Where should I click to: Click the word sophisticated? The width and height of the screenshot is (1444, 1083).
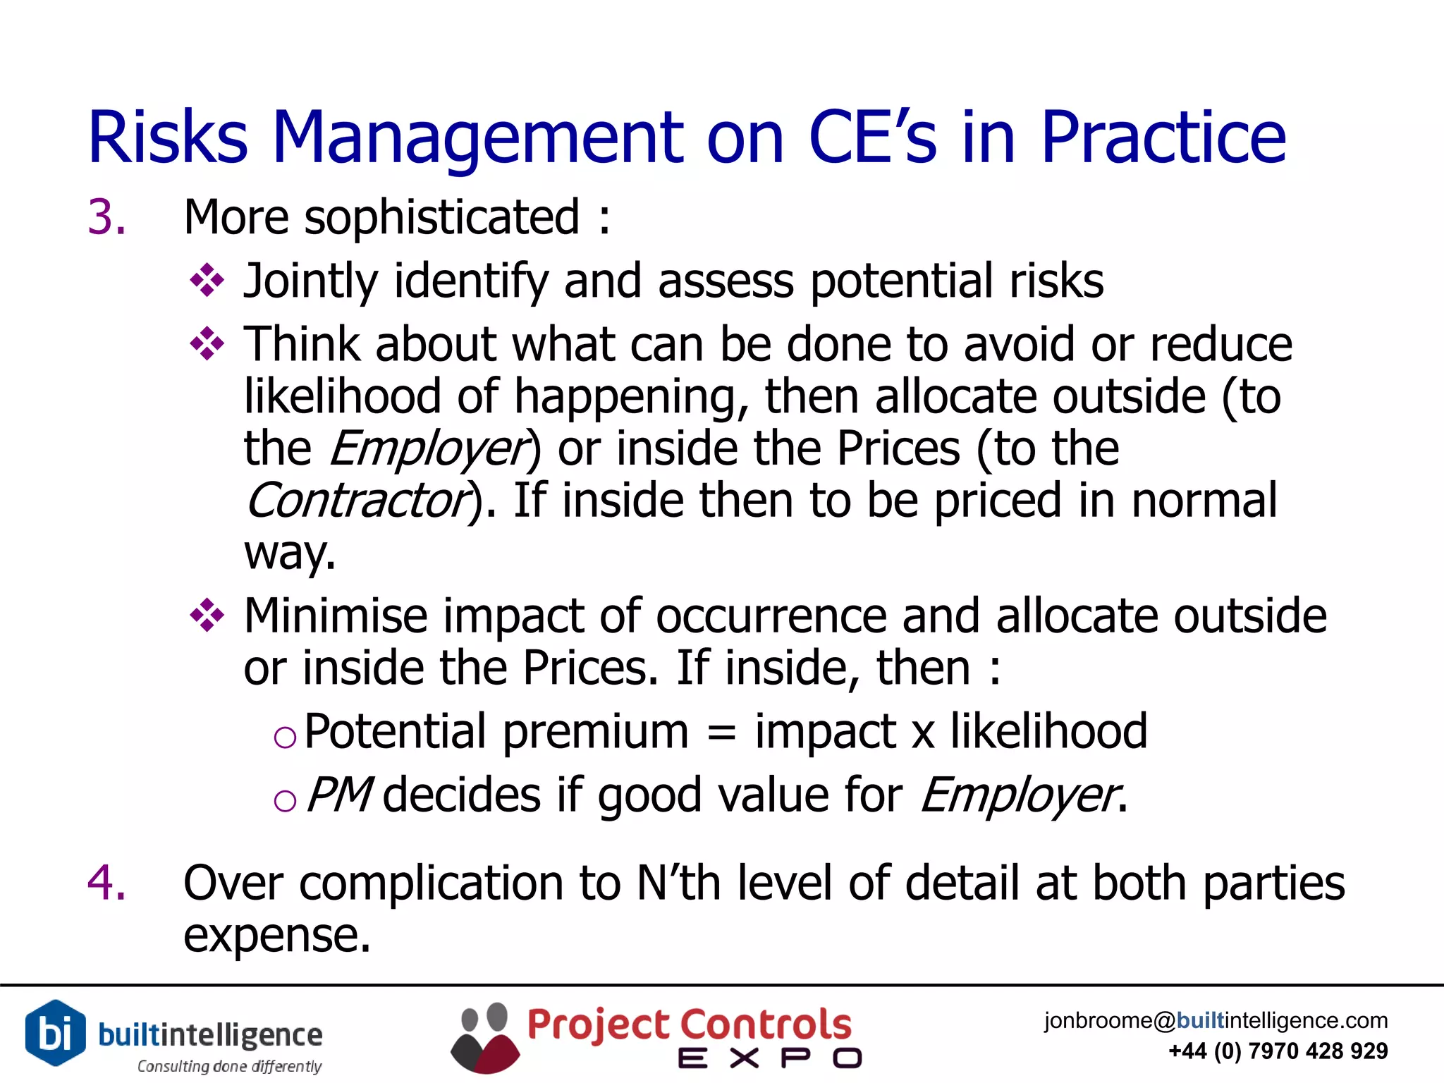coord(441,218)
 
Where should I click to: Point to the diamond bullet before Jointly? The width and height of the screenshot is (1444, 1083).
coord(207,281)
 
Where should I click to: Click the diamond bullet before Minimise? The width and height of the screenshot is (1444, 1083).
coord(207,616)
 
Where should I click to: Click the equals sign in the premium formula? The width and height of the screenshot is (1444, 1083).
coord(721,732)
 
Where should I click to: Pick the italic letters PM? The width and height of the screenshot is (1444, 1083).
coord(338,795)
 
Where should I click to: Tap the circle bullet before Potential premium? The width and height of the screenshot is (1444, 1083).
coord(285,738)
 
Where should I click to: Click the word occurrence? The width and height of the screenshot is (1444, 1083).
coord(771,616)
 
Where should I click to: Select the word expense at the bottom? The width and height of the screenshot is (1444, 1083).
coord(276,936)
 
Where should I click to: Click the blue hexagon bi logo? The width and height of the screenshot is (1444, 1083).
coord(55,1032)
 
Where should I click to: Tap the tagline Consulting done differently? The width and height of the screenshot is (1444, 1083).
coord(229,1066)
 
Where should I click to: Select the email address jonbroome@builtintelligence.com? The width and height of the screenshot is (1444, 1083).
coord(1216,1020)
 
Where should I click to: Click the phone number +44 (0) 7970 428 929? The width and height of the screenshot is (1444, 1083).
coord(1278,1051)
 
